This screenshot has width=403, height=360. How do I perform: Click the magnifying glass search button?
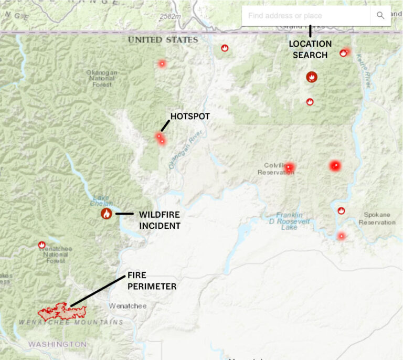coord(380,16)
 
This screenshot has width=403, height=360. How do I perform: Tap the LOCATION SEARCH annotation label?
coord(310,49)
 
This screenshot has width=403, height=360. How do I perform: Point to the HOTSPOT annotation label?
coord(190,116)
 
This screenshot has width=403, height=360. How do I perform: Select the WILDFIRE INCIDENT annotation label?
coord(160,220)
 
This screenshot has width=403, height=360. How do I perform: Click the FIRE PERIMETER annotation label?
coord(152,281)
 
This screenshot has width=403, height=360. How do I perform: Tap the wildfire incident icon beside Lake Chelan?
coord(107,214)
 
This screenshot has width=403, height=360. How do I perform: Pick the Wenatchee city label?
coord(123,305)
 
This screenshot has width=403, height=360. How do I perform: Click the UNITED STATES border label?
coord(163,40)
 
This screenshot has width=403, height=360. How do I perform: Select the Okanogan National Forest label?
coord(102,78)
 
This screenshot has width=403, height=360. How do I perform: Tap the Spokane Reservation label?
coord(377,218)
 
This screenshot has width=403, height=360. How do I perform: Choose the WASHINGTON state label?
coord(57,344)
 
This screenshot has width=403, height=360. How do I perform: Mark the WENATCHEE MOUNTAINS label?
coord(71,322)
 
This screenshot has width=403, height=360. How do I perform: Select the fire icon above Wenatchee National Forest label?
coord(42,245)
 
